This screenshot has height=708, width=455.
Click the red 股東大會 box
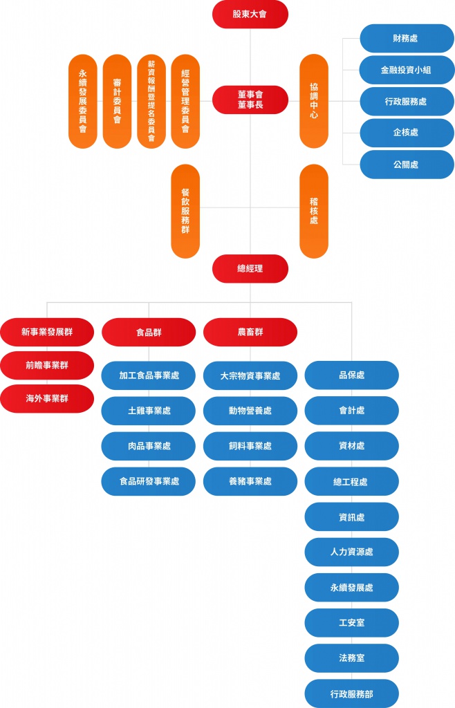pos(250,15)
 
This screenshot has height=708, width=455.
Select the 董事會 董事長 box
pos(250,100)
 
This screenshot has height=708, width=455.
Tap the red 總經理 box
pos(250,268)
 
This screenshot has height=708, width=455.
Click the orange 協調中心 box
pos(314,101)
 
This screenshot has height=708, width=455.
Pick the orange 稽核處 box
pos(314,211)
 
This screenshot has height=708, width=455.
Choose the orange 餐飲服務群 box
pos(185,211)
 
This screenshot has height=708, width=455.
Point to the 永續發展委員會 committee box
pos(83,101)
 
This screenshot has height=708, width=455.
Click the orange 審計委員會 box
pos(117,101)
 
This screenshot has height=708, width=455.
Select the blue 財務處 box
pos(407,39)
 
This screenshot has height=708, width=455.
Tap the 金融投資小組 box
pos(407,70)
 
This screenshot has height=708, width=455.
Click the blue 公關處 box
pos(407,165)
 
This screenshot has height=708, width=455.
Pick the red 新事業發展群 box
pos(47,332)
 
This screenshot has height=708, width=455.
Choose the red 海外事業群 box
pos(47,398)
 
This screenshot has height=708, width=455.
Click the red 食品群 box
pos(149,332)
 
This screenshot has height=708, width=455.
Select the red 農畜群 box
pos(250,332)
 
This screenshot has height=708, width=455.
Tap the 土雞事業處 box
pos(149,411)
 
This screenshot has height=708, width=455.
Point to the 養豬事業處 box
pos(250,481)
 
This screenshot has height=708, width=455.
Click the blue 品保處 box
pos(351,375)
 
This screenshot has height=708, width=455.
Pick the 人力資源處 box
pos(351,552)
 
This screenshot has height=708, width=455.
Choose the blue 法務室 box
pos(351,658)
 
